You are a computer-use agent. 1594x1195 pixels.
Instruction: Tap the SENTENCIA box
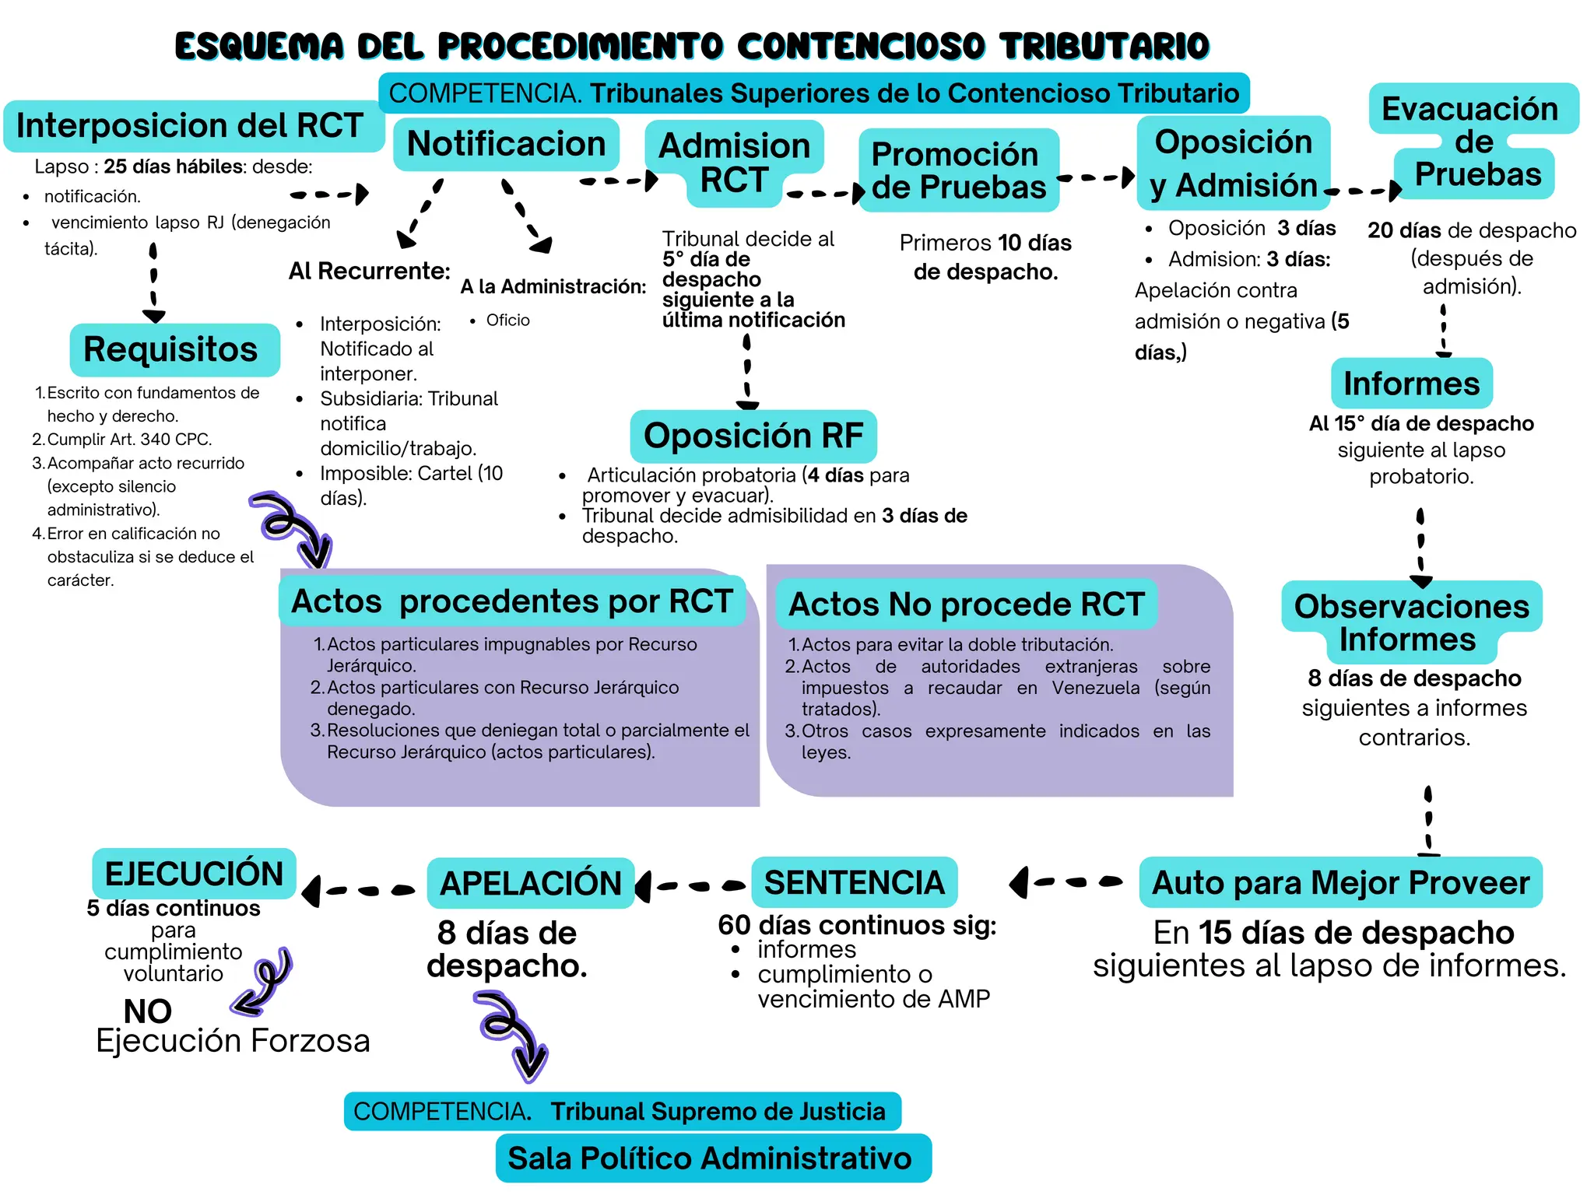(x=854, y=883)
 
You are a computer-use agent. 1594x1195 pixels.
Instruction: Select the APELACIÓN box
(x=531, y=884)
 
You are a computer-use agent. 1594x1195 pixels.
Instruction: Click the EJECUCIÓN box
(x=194, y=874)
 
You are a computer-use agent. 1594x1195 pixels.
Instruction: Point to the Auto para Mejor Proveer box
(x=1340, y=883)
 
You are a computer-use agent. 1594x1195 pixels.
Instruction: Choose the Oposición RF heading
(x=753, y=436)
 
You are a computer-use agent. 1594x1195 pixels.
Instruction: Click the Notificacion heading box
(x=506, y=144)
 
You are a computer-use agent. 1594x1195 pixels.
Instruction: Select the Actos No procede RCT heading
(x=966, y=605)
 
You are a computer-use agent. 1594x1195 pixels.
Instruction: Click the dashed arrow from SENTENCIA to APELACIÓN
(x=690, y=885)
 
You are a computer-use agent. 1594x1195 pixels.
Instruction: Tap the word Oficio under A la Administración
(x=507, y=321)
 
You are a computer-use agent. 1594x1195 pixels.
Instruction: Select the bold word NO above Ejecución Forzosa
(x=147, y=1011)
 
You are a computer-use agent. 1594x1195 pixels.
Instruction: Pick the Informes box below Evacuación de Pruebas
(x=1411, y=384)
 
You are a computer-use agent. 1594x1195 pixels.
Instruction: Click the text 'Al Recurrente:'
(x=369, y=271)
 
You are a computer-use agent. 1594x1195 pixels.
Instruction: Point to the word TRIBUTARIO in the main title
(x=1105, y=46)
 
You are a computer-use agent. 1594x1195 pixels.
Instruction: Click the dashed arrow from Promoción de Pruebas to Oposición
(x=1096, y=178)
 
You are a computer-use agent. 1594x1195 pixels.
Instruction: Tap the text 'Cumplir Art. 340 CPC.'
(x=129, y=440)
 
